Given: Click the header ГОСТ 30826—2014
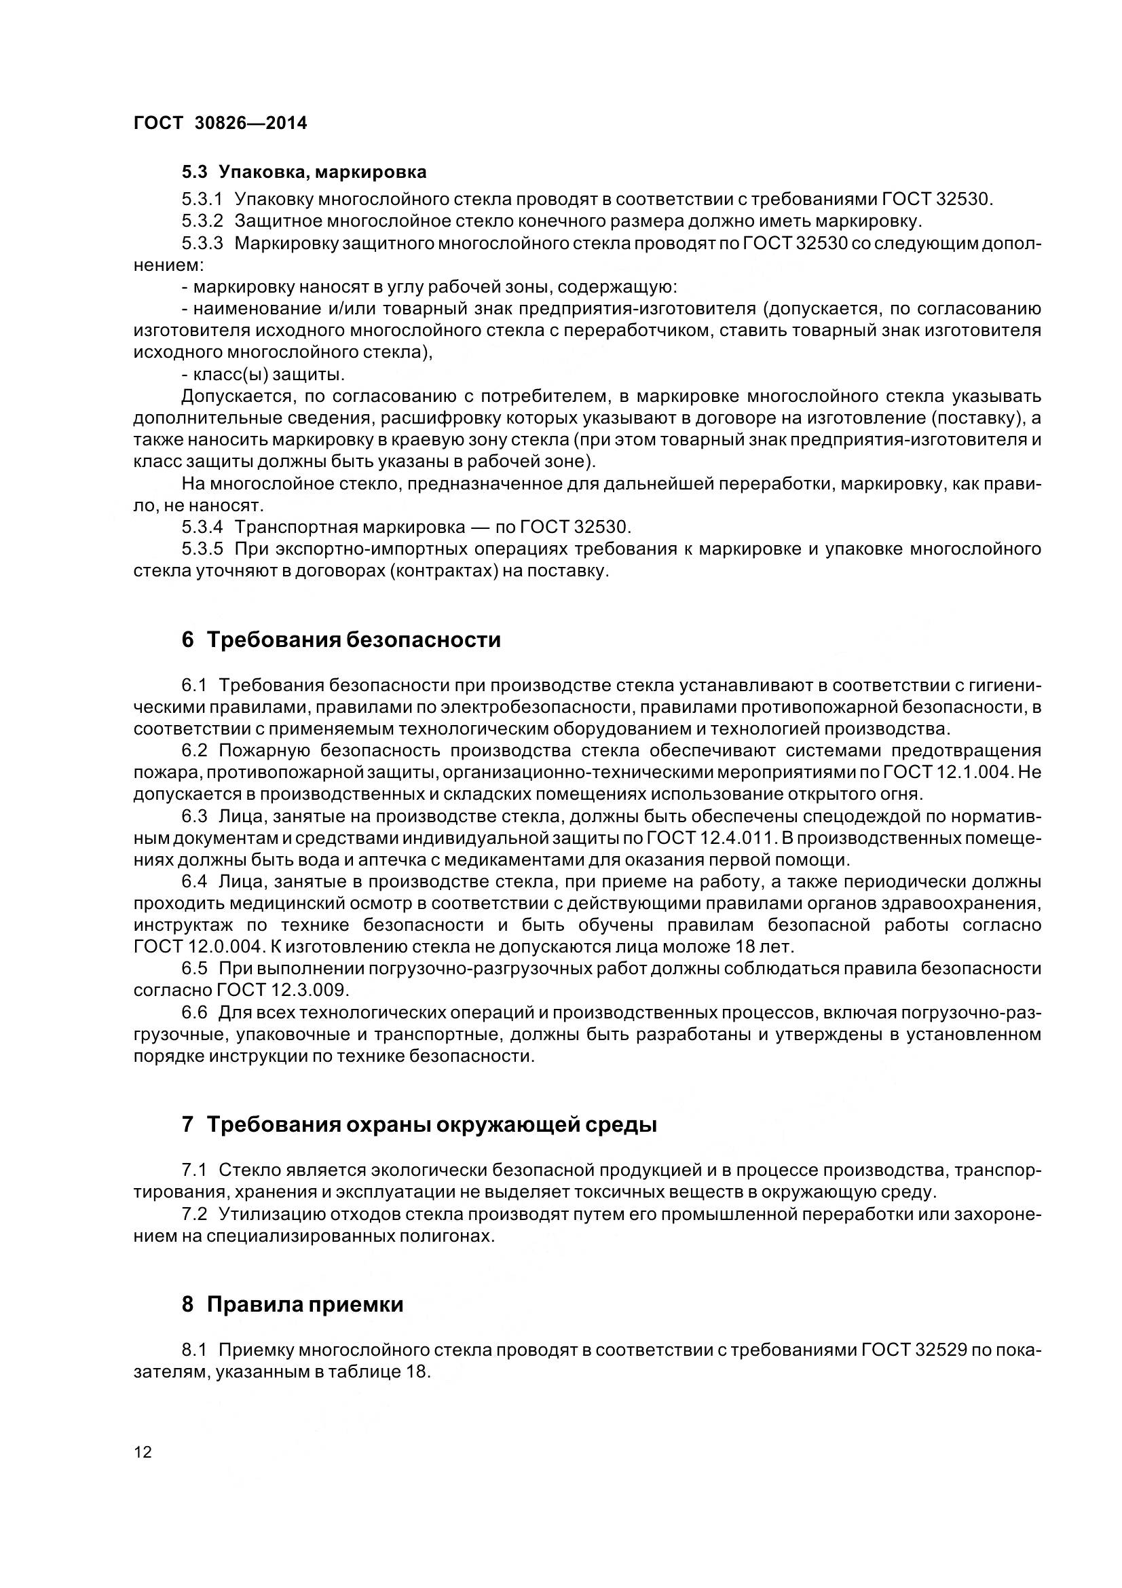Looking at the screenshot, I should pos(220,123).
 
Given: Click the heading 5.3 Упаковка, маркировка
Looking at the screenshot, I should pos(303,172).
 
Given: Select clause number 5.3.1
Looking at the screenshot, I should pos(202,200).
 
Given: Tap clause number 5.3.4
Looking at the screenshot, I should pos(202,527).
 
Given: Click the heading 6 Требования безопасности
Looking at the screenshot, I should pos(341,640).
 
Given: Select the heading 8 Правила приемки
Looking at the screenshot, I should pos(293,1305).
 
